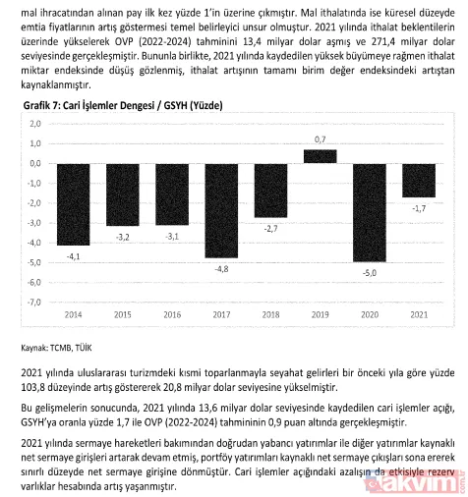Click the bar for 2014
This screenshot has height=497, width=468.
74,203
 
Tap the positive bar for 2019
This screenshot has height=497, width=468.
321,156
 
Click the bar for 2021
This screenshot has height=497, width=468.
418,180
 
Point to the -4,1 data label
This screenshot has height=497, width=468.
74,255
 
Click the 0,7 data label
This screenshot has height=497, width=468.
321,140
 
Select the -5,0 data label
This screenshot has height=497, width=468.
369,272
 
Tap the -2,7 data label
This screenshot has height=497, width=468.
270,227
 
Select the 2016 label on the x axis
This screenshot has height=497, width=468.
172,314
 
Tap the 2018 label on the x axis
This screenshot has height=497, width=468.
270,314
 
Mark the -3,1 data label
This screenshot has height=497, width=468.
172,236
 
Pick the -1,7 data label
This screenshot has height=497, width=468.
418,208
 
